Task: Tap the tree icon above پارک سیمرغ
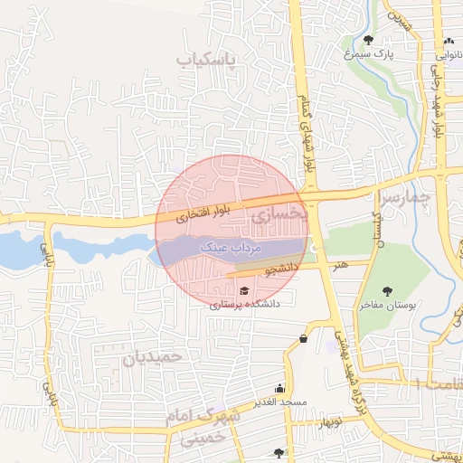[x=368, y=40]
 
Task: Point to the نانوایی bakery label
[x=449, y=56]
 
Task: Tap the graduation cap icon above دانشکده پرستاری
[x=244, y=290]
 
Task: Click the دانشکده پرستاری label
[x=245, y=305]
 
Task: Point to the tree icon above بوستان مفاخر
[x=388, y=291]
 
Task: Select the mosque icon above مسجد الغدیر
[x=291, y=386]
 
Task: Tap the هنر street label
[x=339, y=266]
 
